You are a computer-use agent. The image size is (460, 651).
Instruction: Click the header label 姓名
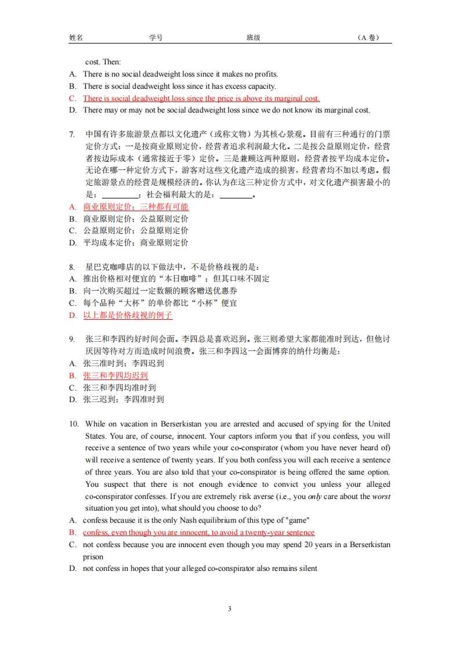[76, 38]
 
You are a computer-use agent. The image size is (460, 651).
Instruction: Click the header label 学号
[156, 38]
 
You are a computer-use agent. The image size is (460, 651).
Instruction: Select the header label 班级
[253, 38]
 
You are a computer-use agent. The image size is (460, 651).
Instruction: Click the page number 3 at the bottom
[230, 609]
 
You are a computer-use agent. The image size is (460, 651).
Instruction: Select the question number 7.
[72, 134]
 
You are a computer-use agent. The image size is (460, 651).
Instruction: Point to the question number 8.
[72, 267]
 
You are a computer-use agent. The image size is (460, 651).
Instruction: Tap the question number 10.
[74, 424]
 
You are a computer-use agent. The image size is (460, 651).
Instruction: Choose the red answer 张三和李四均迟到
[115, 375]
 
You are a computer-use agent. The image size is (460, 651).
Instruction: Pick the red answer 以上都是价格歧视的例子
[128, 315]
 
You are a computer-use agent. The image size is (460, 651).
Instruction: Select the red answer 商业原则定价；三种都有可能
[136, 207]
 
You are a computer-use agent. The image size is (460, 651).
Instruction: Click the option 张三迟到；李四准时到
[124, 399]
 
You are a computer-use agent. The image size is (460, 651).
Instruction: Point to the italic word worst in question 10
[381, 497]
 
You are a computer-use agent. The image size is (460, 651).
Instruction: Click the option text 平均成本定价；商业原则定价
[136, 243]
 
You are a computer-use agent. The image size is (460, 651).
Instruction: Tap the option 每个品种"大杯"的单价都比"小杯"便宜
[160, 303]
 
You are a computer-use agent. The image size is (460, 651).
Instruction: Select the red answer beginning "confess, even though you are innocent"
[198, 533]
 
